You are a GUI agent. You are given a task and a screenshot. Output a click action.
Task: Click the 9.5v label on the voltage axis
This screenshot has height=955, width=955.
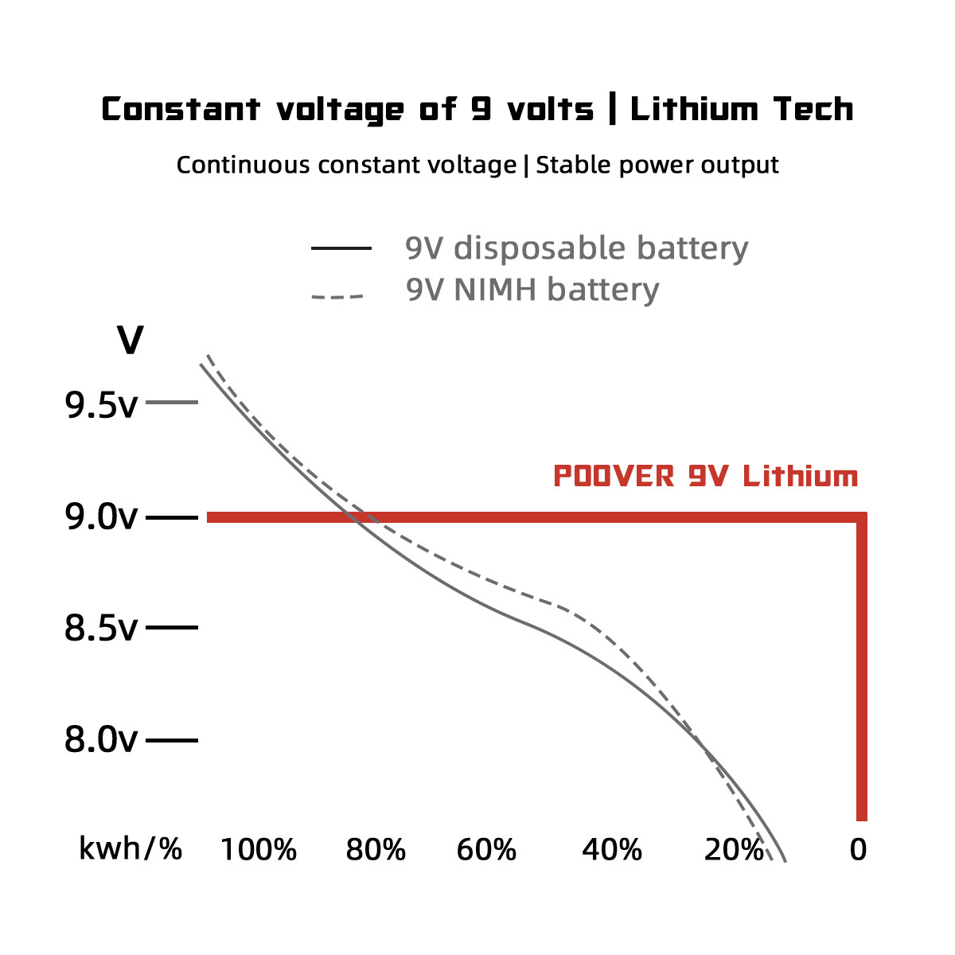tap(101, 406)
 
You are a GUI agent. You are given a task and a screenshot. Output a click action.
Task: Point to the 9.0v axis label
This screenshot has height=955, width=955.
tap(101, 518)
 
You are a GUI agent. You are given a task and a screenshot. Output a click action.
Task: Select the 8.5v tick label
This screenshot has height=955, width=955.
tap(101, 629)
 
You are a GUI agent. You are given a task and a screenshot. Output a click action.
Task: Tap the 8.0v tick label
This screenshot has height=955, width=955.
tap(101, 740)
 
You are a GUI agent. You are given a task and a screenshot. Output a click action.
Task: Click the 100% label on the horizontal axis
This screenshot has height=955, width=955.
tap(258, 850)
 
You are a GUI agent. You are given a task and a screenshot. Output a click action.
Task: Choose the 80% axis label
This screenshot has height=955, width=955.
tap(376, 850)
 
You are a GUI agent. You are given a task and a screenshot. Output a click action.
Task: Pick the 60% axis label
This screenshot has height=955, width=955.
tap(486, 850)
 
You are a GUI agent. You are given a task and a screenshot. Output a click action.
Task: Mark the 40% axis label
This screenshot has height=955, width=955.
tap(611, 850)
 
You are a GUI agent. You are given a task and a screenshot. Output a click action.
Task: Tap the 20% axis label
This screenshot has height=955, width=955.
tap(733, 850)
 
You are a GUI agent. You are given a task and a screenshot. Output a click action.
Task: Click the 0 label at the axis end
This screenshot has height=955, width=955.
tap(858, 850)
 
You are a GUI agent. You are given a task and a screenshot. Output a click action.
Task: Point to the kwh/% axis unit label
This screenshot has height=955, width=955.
tap(131, 849)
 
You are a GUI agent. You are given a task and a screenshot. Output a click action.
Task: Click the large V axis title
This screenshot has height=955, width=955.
tap(131, 341)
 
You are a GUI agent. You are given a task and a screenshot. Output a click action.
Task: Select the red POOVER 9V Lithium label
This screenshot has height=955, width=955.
tap(706, 477)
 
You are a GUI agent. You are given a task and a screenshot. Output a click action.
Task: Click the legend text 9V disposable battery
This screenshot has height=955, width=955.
tap(577, 248)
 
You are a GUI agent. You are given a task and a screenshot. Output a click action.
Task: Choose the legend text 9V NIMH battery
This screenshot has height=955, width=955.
tap(532, 290)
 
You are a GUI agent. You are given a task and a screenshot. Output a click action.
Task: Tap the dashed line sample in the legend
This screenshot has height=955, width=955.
tap(337, 297)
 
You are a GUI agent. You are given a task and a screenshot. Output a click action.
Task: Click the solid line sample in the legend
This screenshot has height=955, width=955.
tap(341, 248)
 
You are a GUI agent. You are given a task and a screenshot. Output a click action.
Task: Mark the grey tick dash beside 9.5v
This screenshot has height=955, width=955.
tap(172, 403)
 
